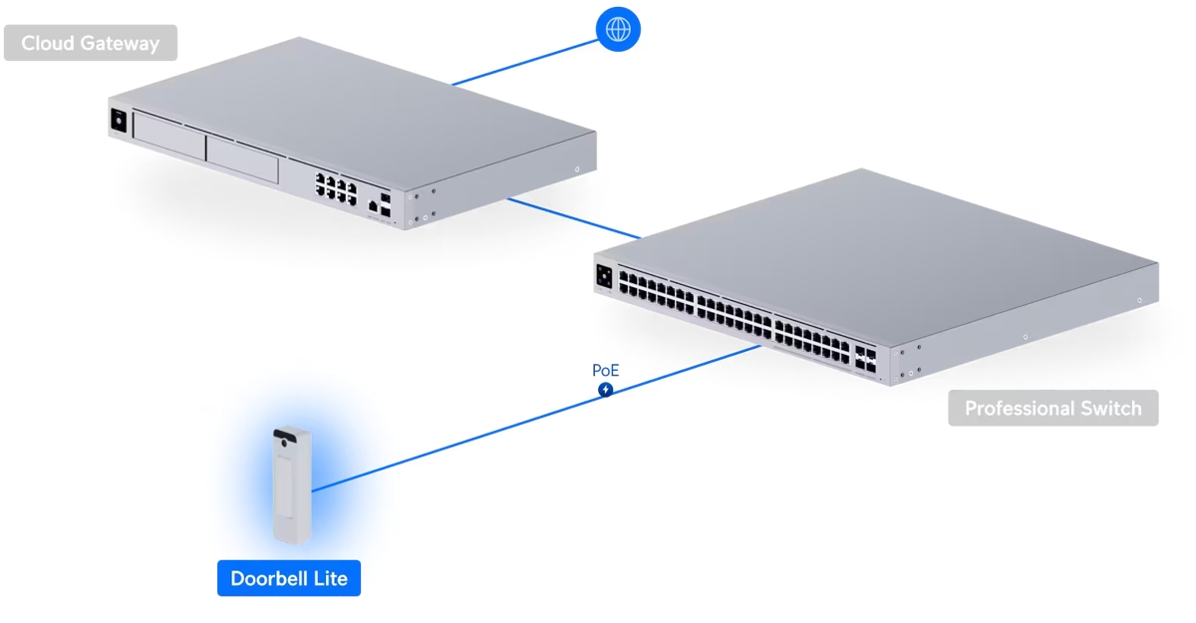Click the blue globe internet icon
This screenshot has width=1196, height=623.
(618, 30)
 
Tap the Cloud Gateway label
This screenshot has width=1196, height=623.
(90, 43)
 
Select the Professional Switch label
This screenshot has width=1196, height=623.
(1052, 409)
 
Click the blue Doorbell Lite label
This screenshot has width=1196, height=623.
(289, 578)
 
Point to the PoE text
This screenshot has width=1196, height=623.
(605, 371)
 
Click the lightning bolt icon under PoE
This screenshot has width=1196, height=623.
(605, 390)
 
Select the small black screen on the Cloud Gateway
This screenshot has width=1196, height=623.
(119, 120)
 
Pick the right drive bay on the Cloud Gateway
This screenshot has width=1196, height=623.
(241, 158)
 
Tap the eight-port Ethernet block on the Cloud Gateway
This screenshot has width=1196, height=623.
(337, 188)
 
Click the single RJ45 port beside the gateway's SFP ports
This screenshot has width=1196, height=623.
(373, 206)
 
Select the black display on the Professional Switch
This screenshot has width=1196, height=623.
(604, 277)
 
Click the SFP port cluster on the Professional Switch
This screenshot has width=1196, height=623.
(864, 359)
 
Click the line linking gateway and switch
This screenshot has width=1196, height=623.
(573, 218)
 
